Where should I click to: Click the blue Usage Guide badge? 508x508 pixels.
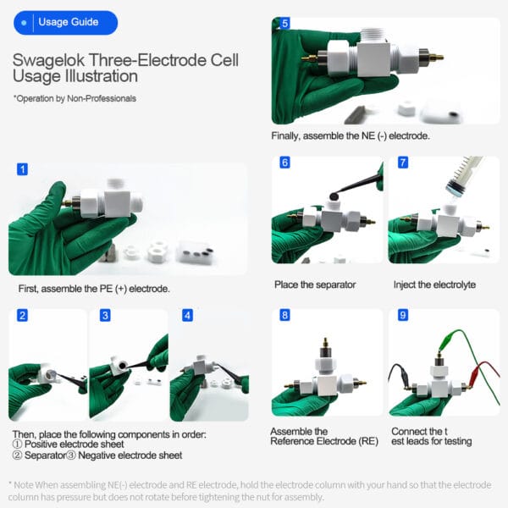click(x=65, y=23)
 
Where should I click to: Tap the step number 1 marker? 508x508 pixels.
click(x=22, y=169)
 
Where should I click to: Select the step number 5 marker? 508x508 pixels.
click(x=284, y=24)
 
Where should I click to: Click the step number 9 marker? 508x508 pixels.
click(x=402, y=315)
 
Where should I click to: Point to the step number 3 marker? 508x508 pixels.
click(x=105, y=315)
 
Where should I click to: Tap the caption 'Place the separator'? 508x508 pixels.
click(x=316, y=284)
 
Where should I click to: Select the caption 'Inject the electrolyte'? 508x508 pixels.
click(x=434, y=284)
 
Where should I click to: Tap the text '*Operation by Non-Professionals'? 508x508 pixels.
click(x=74, y=99)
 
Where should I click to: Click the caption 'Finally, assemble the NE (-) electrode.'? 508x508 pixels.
click(x=351, y=136)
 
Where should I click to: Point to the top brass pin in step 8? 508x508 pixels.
click(x=325, y=345)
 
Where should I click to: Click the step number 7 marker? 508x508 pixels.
click(x=402, y=163)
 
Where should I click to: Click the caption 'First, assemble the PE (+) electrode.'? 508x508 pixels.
click(x=94, y=289)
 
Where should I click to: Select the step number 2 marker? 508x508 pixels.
click(x=22, y=315)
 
